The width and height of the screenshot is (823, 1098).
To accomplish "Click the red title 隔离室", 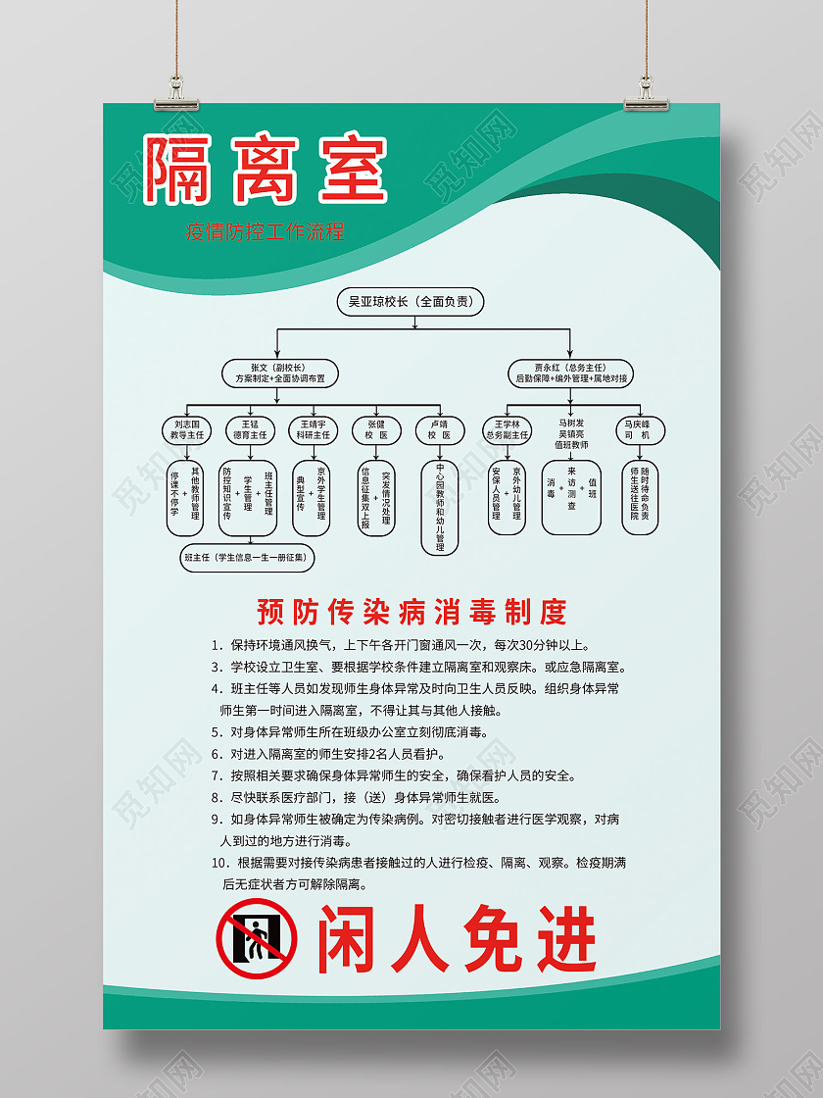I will (x=266, y=169).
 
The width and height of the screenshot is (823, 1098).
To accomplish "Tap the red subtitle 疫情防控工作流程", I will (x=265, y=232).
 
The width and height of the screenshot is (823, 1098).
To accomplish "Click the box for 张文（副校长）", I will (x=279, y=372).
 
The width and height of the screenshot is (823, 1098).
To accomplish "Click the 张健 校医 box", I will (x=377, y=429).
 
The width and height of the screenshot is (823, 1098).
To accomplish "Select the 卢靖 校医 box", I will (x=440, y=429).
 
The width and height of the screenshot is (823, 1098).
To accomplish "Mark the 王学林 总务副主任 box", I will (x=507, y=428).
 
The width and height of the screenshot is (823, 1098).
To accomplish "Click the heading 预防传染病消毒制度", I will (x=411, y=613).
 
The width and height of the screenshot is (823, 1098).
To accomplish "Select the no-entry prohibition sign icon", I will (x=257, y=938).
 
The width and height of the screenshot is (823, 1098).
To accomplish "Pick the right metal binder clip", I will (x=648, y=90).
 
